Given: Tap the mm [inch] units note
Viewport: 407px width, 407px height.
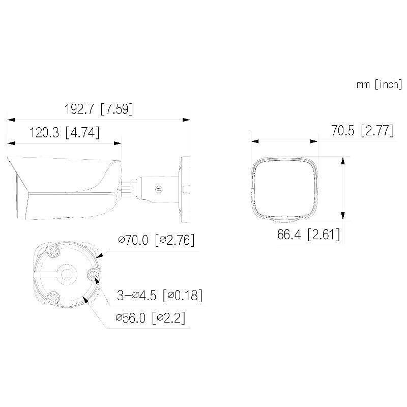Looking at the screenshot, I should (379, 84).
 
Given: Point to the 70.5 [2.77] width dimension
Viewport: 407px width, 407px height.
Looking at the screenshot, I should (362, 131).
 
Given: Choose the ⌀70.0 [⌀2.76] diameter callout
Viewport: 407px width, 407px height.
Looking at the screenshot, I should (156, 240).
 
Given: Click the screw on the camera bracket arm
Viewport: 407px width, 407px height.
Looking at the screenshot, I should (159, 189).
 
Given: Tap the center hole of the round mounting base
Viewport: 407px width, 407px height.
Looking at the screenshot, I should (65, 274).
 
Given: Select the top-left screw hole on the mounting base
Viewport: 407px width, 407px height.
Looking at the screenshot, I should (54, 250).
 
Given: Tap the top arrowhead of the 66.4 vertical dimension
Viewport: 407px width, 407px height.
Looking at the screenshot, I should (343, 160).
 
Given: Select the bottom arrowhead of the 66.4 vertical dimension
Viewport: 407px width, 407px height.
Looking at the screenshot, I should (343, 216).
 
